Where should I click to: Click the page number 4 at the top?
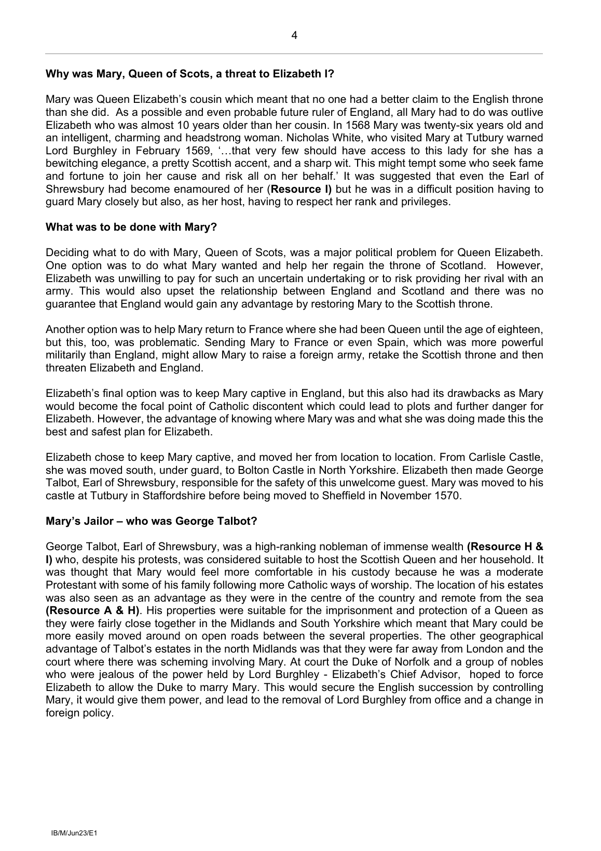(x=294, y=35)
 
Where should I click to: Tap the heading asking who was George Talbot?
(x=152, y=521)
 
